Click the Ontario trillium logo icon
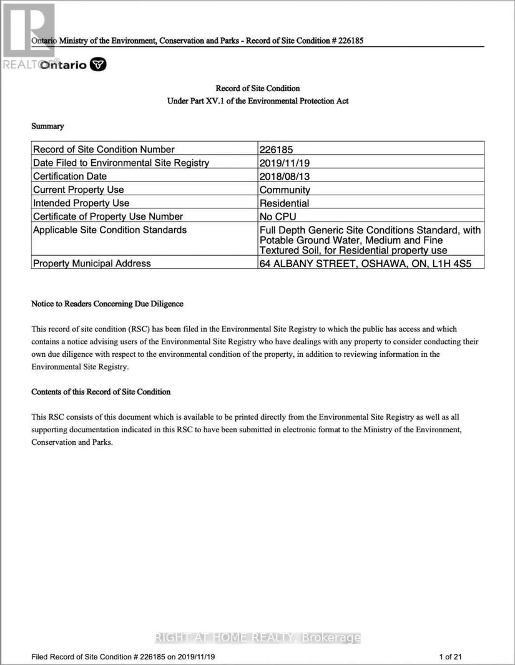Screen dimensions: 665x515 click(x=99, y=64)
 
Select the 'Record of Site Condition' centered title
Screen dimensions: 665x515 click(x=257, y=89)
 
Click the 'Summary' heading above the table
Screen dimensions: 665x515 click(x=47, y=126)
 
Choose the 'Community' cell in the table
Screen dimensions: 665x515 click(x=285, y=190)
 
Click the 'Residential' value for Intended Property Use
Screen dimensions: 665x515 click(x=284, y=203)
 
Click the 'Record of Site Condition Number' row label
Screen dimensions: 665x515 click(x=104, y=149)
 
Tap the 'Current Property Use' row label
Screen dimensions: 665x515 click(x=79, y=190)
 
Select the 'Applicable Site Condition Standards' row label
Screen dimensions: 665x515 click(x=110, y=230)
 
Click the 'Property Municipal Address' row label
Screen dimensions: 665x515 click(x=92, y=263)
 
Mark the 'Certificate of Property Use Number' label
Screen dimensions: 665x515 click(x=108, y=216)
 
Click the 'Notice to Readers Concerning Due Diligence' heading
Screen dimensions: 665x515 click(x=107, y=304)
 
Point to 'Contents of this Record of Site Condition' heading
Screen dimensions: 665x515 click(x=101, y=392)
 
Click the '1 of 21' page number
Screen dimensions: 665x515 click(x=450, y=656)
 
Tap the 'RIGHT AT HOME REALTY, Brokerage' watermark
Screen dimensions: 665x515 click(x=257, y=638)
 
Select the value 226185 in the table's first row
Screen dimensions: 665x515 click(x=276, y=149)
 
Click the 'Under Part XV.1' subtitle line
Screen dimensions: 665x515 click(x=257, y=101)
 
